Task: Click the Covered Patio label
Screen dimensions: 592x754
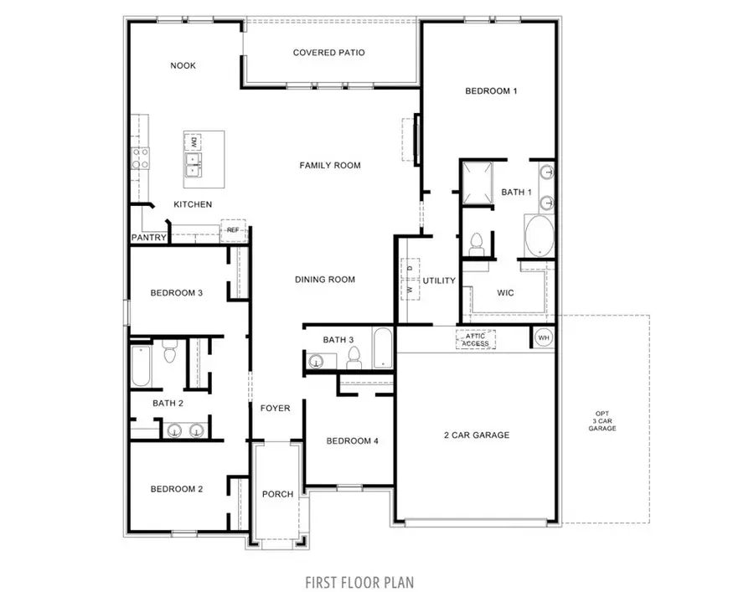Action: (x=328, y=53)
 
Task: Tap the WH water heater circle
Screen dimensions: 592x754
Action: (x=542, y=337)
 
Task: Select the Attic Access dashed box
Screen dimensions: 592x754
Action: (x=475, y=339)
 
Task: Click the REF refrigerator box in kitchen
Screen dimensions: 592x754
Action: (x=233, y=229)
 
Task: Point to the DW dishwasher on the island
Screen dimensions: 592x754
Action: (x=193, y=140)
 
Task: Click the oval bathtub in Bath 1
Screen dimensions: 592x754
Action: (x=539, y=236)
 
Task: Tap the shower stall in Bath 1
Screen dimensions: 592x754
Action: (x=474, y=182)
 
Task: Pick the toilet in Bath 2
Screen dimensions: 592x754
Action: (x=168, y=352)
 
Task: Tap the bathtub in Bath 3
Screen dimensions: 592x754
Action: (x=381, y=348)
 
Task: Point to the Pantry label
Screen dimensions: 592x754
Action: (x=148, y=238)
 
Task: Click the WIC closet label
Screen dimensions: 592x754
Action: (x=504, y=293)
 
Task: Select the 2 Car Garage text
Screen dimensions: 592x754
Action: (x=476, y=435)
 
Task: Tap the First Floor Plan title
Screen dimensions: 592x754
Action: (x=359, y=580)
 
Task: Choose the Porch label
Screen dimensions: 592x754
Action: (x=277, y=494)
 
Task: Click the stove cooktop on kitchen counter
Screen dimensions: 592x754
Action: (x=139, y=157)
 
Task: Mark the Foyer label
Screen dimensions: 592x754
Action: (x=275, y=409)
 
